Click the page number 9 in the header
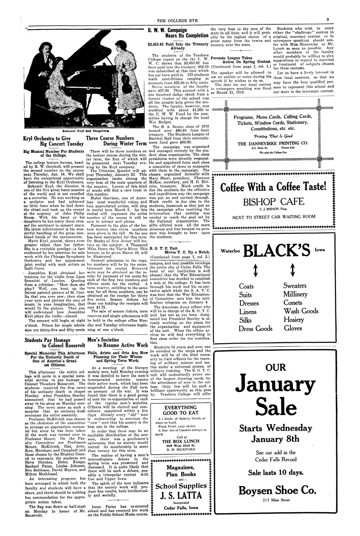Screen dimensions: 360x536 [x=327, y=20]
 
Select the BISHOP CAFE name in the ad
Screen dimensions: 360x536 [x=274, y=202]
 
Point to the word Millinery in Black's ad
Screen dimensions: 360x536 [x=295, y=294]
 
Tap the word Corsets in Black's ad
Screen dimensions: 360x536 [x=293, y=303]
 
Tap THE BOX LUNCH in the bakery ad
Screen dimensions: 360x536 [x=180, y=441]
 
